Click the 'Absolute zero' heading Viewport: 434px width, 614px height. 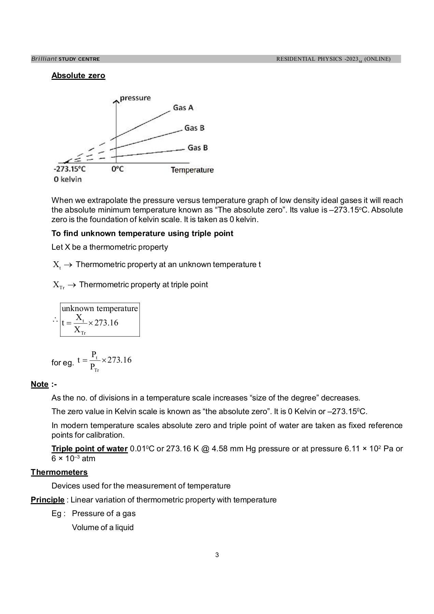(x=78, y=75)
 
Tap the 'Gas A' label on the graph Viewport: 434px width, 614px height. (x=183, y=108)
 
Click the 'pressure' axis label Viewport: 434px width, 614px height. (x=135, y=98)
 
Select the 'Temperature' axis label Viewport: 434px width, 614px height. (x=192, y=170)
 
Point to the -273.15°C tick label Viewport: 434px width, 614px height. (x=70, y=169)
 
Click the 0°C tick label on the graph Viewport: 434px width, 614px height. (x=117, y=169)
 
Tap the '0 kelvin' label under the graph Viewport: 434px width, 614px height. (x=68, y=179)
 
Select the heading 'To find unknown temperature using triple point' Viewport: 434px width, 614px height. (x=142, y=234)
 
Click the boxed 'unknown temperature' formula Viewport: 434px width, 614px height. (x=100, y=320)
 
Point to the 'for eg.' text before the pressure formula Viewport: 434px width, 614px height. (x=62, y=363)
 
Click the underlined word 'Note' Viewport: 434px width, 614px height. (x=40, y=384)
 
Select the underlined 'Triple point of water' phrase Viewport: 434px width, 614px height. (x=89, y=449)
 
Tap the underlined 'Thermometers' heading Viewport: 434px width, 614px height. (x=59, y=472)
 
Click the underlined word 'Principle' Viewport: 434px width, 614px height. (x=47, y=500)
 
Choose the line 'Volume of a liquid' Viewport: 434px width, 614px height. (x=103, y=528)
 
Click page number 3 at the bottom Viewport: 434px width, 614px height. (x=217, y=555)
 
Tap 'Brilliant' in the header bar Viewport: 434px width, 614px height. (x=44, y=59)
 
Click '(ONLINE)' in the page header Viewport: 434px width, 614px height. (x=377, y=59)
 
